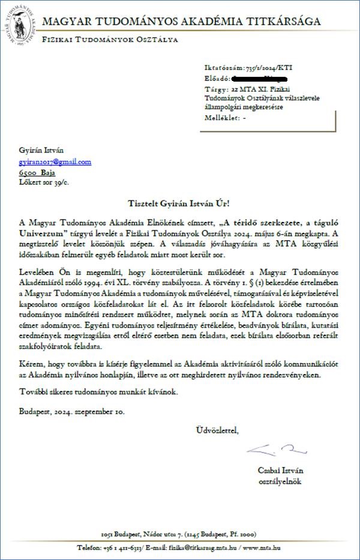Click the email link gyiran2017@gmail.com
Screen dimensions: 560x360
55,161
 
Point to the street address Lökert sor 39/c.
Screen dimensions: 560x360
43,181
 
